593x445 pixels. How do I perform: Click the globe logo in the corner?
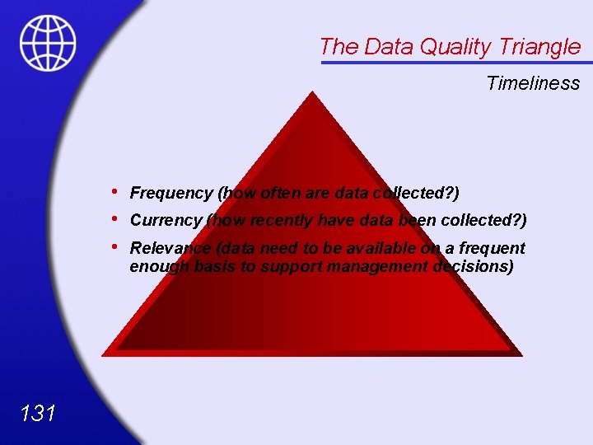tap(48, 43)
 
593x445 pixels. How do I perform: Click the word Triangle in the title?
tap(541, 47)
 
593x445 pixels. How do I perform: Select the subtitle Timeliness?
tap(533, 83)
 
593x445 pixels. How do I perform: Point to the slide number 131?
tap(38, 413)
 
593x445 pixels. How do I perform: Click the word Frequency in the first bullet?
tap(171, 193)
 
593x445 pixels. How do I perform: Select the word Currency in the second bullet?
tap(166, 220)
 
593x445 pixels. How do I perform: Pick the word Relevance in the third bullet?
tap(170, 248)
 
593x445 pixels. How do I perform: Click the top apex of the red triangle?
tap(311, 93)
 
